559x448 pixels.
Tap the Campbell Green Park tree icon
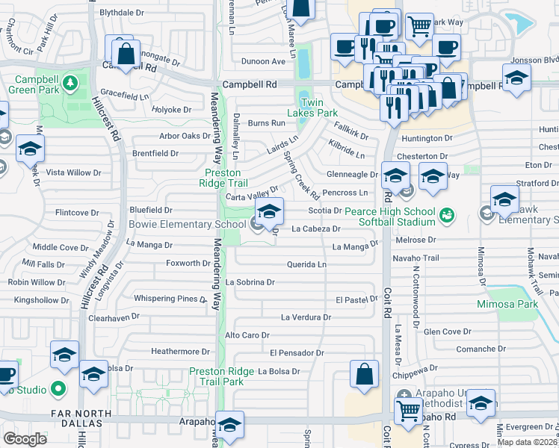tap(70, 81)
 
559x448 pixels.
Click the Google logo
tap(25, 438)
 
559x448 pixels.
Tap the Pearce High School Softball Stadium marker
tap(447, 215)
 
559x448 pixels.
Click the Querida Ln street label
tap(306, 264)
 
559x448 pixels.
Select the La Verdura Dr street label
tap(306, 317)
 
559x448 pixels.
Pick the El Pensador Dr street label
tap(297, 352)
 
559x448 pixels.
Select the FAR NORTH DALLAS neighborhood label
tap(46, 413)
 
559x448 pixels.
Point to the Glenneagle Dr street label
tap(353, 174)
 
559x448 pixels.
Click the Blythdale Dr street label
tap(122, 13)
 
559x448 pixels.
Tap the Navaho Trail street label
tap(416, 258)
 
